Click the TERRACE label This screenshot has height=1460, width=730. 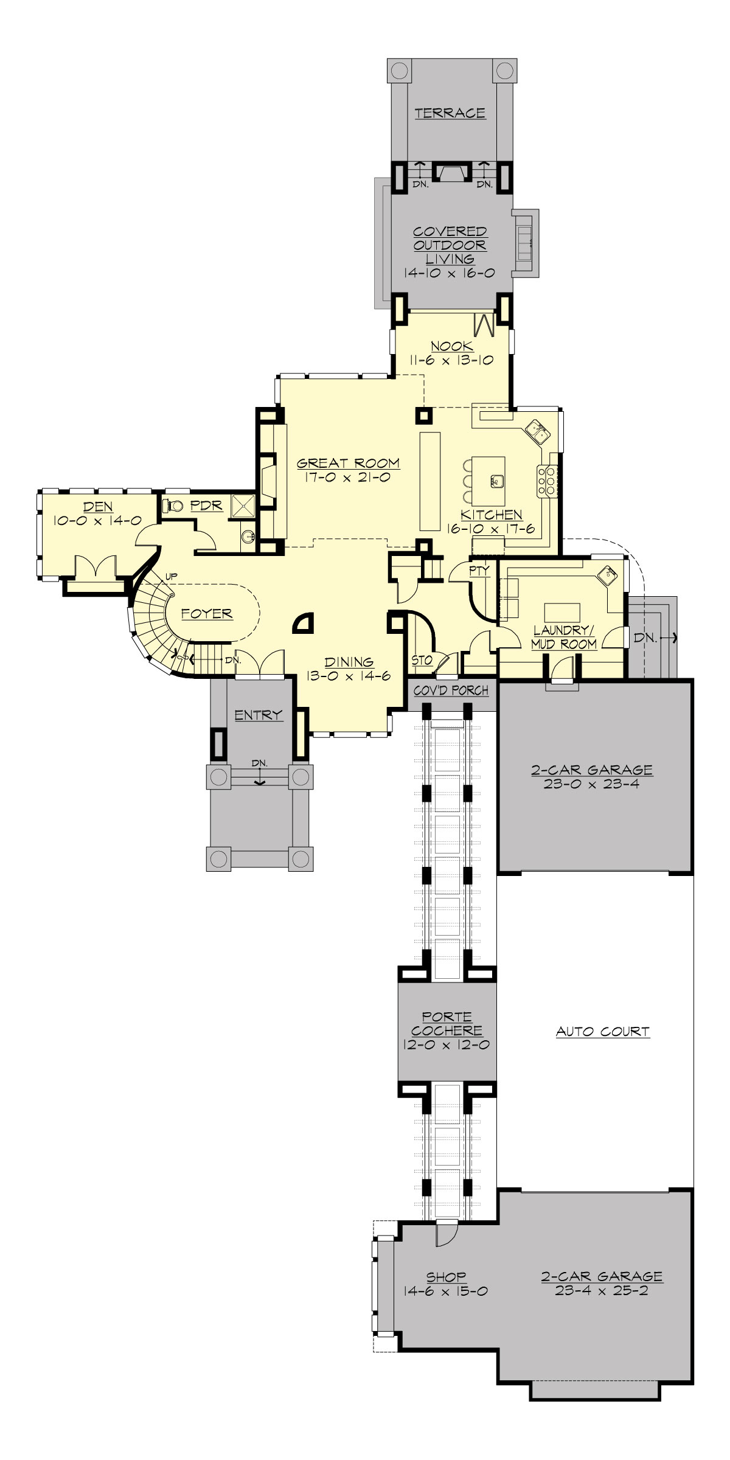(450, 113)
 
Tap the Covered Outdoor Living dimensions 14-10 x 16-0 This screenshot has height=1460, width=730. (450, 273)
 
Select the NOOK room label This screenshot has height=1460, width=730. (451, 346)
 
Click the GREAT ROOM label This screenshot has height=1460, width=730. (348, 463)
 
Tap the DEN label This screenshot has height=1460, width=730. (99, 507)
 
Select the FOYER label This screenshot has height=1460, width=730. (207, 614)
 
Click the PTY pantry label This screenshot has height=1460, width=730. (479, 571)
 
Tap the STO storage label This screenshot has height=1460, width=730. (422, 660)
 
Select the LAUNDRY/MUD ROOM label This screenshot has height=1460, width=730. (563, 637)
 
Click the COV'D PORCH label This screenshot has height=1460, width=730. (451, 690)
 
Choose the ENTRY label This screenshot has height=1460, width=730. (259, 715)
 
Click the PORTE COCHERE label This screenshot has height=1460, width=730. (447, 1024)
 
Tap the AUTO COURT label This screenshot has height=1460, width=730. (602, 1032)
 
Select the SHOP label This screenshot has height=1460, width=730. (446, 1277)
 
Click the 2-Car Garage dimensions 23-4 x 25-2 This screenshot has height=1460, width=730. (601, 1290)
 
